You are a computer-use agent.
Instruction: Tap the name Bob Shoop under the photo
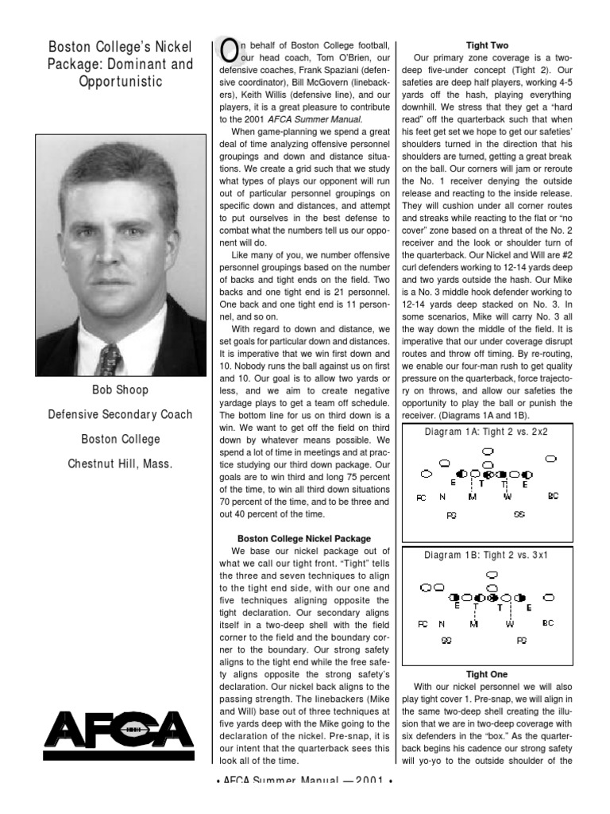click(x=121, y=390)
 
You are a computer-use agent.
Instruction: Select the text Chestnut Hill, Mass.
click(x=121, y=462)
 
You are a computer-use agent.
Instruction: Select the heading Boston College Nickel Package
click(x=304, y=538)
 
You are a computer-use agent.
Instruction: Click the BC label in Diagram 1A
click(x=553, y=496)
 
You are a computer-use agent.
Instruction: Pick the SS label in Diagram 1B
click(x=446, y=640)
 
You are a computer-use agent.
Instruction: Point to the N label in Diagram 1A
click(x=442, y=497)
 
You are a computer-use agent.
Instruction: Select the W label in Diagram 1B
click(x=510, y=623)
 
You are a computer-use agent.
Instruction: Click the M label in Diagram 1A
click(x=473, y=497)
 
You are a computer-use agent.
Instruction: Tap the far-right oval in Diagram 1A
click(x=551, y=459)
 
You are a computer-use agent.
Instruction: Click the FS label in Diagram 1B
click(x=522, y=640)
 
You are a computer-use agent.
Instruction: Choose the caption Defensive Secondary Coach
click(x=121, y=414)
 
